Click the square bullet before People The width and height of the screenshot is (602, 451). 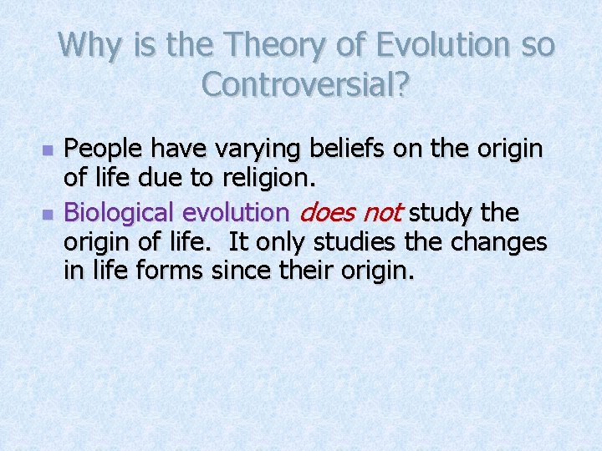coord(48,152)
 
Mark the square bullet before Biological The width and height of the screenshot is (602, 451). coord(48,215)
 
